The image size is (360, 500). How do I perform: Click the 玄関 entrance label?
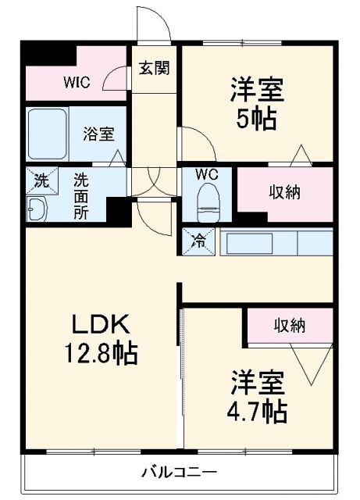pyautogui.click(x=153, y=68)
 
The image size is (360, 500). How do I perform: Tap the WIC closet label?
pyautogui.click(x=76, y=80)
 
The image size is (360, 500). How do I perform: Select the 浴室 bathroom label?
pyautogui.click(x=98, y=133)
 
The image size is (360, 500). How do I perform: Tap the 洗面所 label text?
pyautogui.click(x=80, y=196)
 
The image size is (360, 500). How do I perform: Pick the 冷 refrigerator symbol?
pyautogui.click(x=198, y=241)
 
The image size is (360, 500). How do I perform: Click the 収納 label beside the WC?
pyautogui.click(x=286, y=191)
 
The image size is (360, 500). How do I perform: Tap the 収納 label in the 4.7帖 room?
pyautogui.click(x=289, y=325)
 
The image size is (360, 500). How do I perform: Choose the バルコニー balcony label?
pyautogui.click(x=179, y=471)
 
